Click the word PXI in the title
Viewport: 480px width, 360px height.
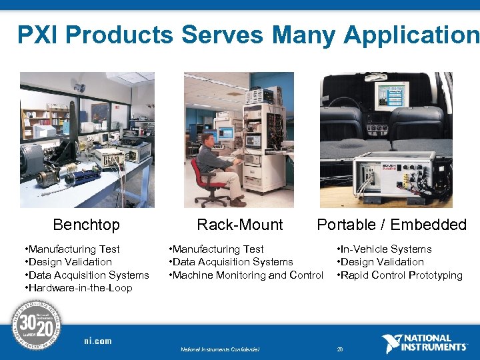click(x=38, y=35)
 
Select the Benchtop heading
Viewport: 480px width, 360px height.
click(x=86, y=225)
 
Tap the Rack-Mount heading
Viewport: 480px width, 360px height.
click(x=239, y=225)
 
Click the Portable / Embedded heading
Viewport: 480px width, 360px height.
click(x=391, y=225)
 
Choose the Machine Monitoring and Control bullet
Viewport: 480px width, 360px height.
click(x=247, y=275)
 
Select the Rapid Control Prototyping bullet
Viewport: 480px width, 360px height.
click(x=400, y=275)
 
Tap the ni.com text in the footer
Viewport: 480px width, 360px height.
click(x=98, y=341)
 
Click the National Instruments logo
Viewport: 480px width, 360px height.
click(x=425, y=343)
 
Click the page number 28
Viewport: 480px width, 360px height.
click(x=340, y=349)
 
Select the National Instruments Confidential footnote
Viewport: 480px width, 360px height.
click(x=220, y=349)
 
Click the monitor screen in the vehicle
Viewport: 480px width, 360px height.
click(x=391, y=95)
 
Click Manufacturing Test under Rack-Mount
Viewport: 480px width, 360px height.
click(x=217, y=249)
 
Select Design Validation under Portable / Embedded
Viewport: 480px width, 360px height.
click(x=381, y=262)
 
